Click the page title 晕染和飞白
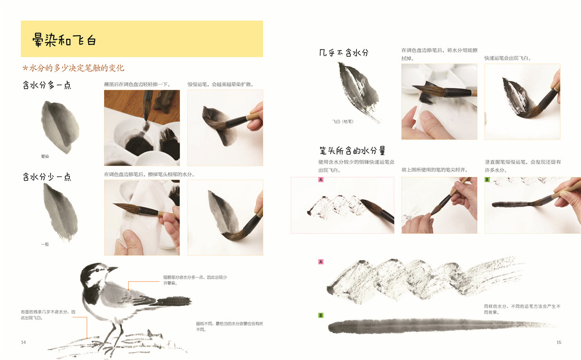pos(64,40)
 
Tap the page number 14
pos(24,342)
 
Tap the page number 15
pos(559,342)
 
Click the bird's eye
pos(97,270)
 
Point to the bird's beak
pos(112,269)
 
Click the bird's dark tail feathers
pos(174,301)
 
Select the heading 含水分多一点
pos(47,85)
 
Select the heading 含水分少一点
pos(47,177)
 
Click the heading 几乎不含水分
pos(344,53)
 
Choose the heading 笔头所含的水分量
pos(352,151)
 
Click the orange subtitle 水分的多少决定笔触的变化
pos(73,68)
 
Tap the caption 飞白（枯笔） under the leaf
pos(343,121)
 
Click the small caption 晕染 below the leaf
pos(45,156)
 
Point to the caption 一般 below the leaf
pos(45,244)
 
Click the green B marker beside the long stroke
pos(321,315)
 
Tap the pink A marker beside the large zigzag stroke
pos(321,262)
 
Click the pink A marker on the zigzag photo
pos(321,180)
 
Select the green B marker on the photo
pos(487,180)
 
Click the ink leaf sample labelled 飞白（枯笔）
pos(357,91)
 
